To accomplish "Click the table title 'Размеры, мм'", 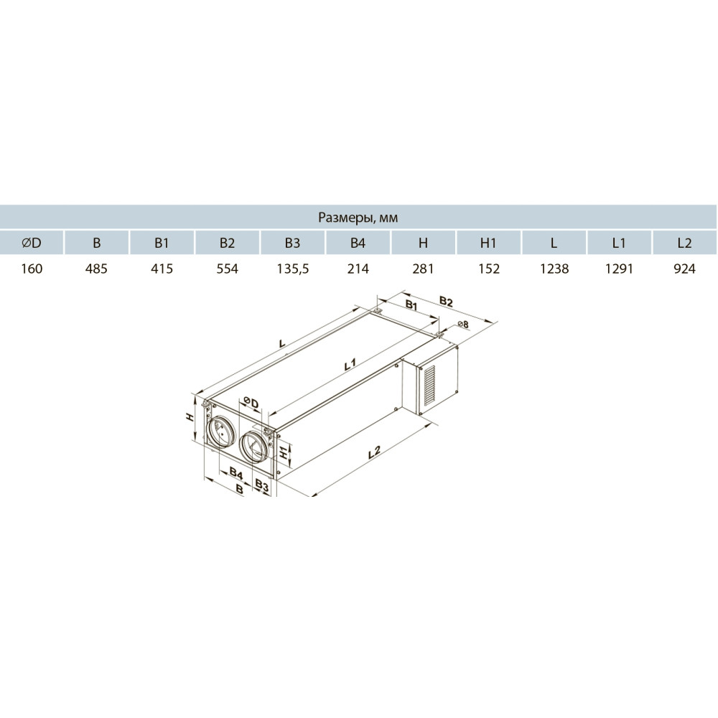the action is pyautogui.click(x=358, y=218).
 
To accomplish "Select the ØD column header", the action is pyautogui.click(x=31, y=243).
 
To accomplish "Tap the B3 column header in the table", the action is pyautogui.click(x=292, y=243).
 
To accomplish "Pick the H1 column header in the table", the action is pyautogui.click(x=488, y=243).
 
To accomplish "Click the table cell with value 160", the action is pyautogui.click(x=32, y=269).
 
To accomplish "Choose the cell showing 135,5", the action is pyautogui.click(x=293, y=269).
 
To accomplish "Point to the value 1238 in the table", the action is pyautogui.click(x=554, y=269).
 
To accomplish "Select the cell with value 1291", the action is pyautogui.click(x=619, y=269).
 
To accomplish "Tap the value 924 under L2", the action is pyautogui.click(x=684, y=269).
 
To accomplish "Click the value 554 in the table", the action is pyautogui.click(x=227, y=269).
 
